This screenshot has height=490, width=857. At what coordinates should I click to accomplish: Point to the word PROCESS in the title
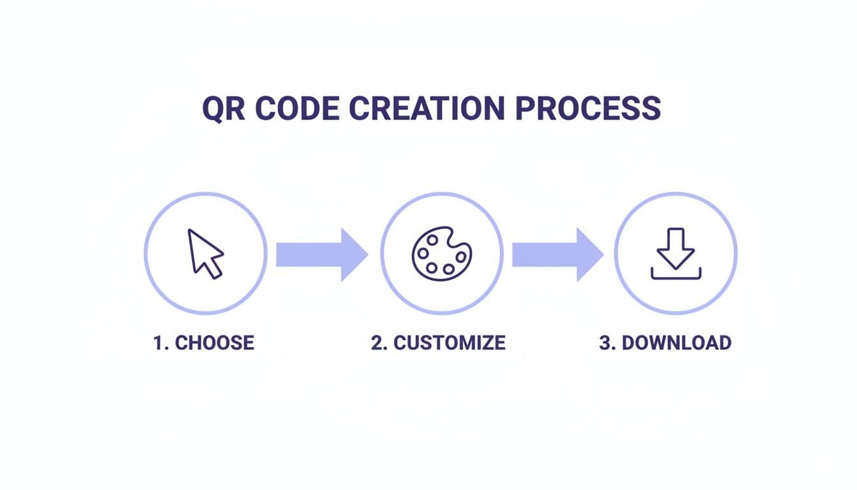587,108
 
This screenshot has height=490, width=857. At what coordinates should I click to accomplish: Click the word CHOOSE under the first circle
214,343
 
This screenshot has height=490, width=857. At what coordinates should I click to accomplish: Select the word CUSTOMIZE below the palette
450,343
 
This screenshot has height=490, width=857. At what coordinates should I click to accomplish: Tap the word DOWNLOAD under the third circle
677,343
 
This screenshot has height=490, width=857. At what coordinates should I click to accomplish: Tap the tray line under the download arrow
676,277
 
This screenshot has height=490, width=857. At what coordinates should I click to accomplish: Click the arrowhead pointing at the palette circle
355,254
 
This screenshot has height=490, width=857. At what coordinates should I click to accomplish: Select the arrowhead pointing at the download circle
590,254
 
